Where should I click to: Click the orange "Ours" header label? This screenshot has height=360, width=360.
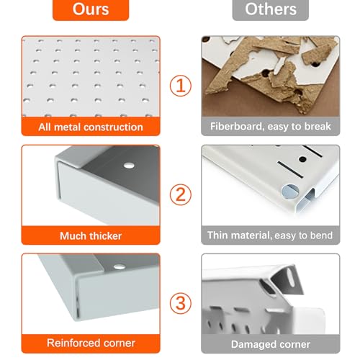click(x=91, y=9)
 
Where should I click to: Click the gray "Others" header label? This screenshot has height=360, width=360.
click(x=271, y=9)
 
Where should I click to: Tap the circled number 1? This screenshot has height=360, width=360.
click(x=181, y=86)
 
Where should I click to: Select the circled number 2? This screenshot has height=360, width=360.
click(x=181, y=194)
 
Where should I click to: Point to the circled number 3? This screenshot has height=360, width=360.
click(x=181, y=303)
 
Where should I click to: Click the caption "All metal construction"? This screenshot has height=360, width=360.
click(x=91, y=127)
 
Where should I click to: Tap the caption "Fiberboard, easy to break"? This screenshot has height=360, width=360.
click(x=271, y=127)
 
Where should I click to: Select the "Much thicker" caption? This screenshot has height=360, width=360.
click(x=91, y=236)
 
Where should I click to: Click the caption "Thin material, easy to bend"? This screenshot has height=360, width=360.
click(x=270, y=235)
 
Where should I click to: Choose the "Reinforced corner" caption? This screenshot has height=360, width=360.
click(x=91, y=343)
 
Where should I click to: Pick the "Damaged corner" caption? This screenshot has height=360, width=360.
click(x=271, y=344)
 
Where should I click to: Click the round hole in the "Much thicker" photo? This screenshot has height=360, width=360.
click(x=129, y=166)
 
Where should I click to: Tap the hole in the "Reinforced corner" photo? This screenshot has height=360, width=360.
click(x=120, y=266)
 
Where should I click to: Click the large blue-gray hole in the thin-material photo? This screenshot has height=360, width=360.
click(x=290, y=192)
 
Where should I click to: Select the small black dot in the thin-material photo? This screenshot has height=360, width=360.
click(x=302, y=159)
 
